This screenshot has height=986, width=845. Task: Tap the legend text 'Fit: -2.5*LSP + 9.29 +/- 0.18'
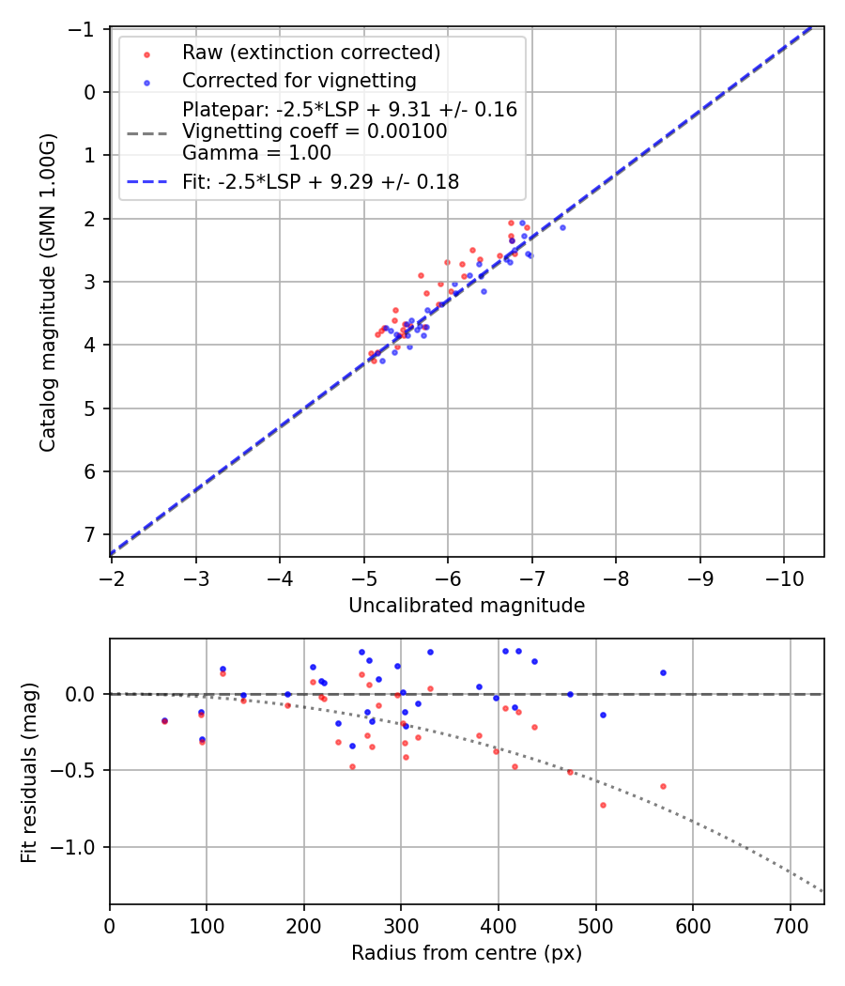click(x=321, y=182)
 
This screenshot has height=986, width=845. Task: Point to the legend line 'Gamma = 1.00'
click(x=256, y=153)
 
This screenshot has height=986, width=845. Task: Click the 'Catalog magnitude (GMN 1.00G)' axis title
click(x=47, y=292)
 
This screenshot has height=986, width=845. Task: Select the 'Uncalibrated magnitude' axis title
click(x=467, y=606)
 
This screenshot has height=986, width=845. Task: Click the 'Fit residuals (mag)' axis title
click(x=28, y=772)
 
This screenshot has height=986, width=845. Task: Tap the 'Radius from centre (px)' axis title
click(x=467, y=953)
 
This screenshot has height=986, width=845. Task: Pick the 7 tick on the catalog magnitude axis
click(x=89, y=534)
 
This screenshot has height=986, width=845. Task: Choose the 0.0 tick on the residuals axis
click(x=84, y=694)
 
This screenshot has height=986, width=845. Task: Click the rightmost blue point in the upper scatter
click(x=562, y=227)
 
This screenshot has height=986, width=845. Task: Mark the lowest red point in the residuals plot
click(x=603, y=805)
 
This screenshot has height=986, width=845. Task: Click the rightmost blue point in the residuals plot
click(x=663, y=672)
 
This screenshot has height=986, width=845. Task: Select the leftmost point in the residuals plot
click(x=164, y=720)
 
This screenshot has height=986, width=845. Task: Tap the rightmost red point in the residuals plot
click(x=663, y=786)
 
